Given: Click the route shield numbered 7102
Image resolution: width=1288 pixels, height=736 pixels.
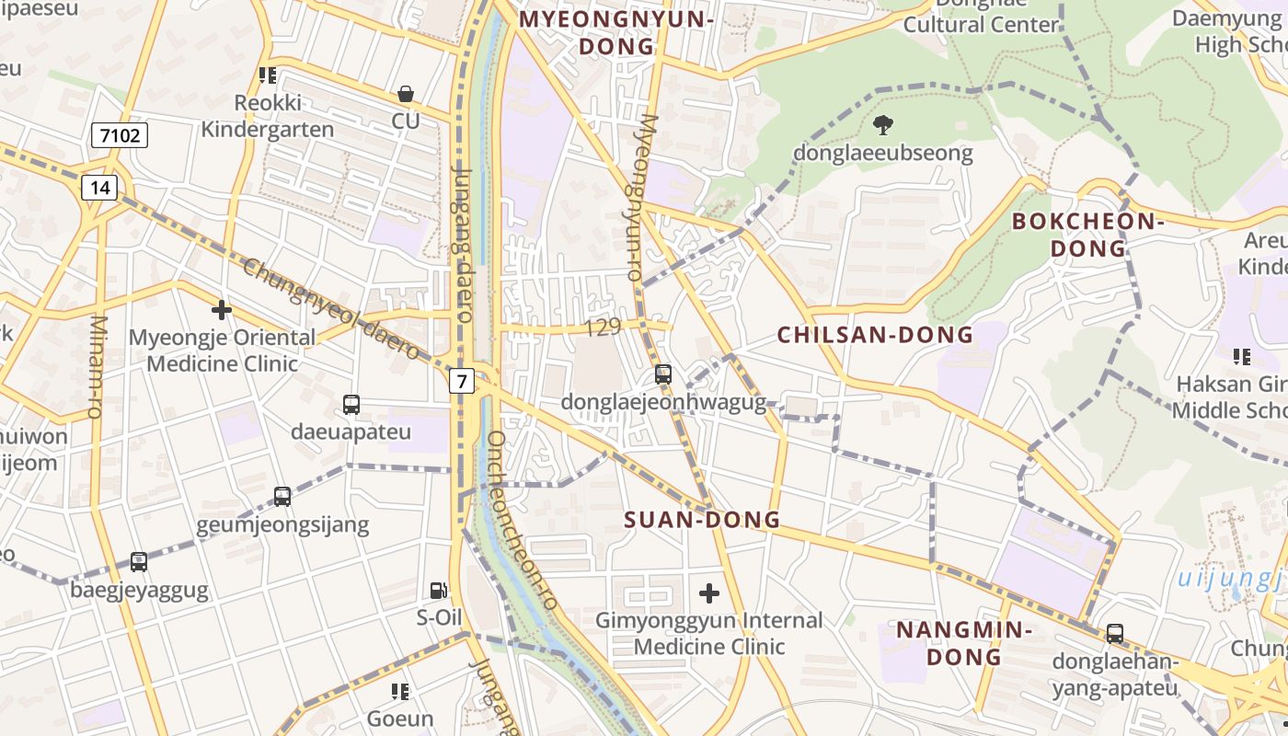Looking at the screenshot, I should point(120,136).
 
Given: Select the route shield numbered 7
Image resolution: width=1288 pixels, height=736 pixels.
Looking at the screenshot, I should point(462,380).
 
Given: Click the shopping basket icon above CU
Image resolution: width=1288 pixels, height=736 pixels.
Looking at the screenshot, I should point(405,94).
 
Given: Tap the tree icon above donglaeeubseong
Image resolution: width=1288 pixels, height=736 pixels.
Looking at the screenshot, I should point(883,124).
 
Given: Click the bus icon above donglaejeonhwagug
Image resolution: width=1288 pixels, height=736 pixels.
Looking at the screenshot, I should point(663,374).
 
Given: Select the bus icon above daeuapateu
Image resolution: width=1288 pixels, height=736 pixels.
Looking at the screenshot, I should point(351,404).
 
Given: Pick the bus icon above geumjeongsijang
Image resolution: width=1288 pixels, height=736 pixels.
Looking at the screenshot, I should point(282,497).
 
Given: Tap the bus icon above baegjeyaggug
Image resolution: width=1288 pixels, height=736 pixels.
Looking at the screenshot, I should point(139,561).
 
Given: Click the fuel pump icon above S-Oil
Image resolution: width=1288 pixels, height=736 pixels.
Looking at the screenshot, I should point(439,591).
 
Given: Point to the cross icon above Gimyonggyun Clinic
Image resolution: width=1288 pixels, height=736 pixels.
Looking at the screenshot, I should point(708,593).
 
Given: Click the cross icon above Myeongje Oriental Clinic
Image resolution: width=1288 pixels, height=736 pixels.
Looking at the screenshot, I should point(222,310).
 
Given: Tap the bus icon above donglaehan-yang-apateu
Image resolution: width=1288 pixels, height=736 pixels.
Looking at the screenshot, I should point(1114,634).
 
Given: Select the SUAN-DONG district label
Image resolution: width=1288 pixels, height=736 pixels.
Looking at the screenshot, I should point(702,520).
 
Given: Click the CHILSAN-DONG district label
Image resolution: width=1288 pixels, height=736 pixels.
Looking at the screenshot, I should point(875,335).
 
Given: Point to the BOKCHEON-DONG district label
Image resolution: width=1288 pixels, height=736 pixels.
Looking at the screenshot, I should point(1088,235).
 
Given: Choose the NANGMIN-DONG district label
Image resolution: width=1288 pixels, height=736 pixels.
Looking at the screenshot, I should point(963,643).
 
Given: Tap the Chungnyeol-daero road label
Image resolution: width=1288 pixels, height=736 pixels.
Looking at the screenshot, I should point(331,309).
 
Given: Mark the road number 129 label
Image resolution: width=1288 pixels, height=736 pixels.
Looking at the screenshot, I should point(603,327).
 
